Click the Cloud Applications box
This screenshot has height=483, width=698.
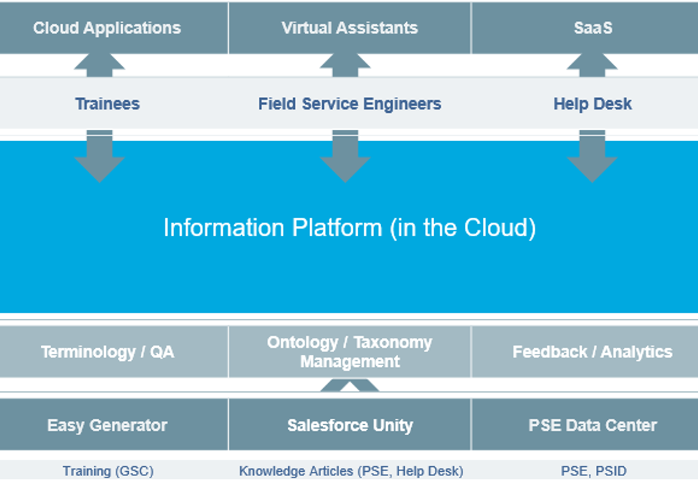tap(114, 28)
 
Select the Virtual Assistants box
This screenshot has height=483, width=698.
tap(350, 28)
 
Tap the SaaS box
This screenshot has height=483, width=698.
tap(584, 28)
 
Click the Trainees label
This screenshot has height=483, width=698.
tap(107, 104)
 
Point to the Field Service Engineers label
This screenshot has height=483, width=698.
tap(350, 104)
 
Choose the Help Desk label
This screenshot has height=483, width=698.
tap(593, 104)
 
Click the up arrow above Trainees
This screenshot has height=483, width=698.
tap(99, 65)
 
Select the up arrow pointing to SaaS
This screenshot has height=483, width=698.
tap(592, 65)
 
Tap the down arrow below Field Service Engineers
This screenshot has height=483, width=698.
tap(345, 156)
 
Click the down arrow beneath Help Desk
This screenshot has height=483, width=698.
tap(592, 156)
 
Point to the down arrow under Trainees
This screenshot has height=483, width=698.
tap(99, 156)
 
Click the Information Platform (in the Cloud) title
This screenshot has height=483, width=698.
tap(350, 228)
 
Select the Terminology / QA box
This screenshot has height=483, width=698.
tap(114, 352)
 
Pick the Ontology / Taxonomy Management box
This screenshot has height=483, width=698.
tap(350, 352)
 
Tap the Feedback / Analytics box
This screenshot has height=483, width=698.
tap(584, 352)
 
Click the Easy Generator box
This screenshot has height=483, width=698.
tap(114, 424)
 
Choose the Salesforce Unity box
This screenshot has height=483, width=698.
tap(350, 424)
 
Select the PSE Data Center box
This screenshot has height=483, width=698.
tap(584, 424)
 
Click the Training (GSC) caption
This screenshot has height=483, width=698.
tap(108, 471)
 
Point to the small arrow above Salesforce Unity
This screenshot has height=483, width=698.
tap(350, 385)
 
